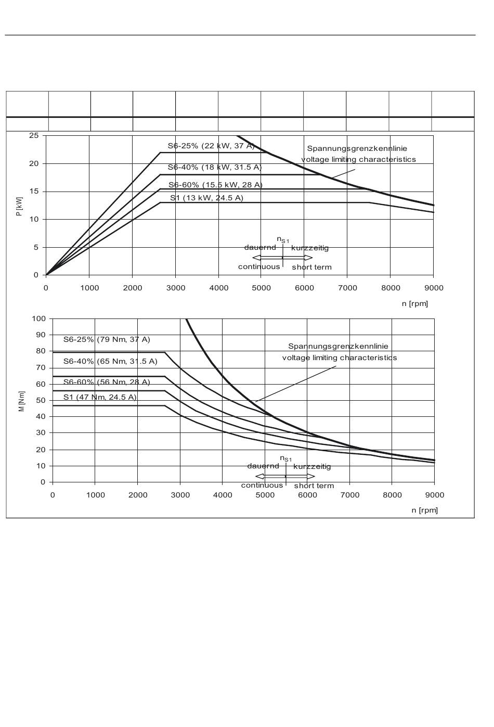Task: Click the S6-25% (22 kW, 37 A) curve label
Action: pos(211,146)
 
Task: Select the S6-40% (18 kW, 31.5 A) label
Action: pos(215,167)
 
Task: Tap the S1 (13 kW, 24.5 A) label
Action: pos(206,198)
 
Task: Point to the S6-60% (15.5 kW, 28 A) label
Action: pos(215,185)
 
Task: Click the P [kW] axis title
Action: pos(19,207)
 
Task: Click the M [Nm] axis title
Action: pos(22,401)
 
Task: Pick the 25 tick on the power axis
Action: pos(34,136)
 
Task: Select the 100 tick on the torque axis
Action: pos(38,318)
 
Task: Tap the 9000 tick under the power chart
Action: pos(434,288)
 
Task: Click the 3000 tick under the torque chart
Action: pos(180,495)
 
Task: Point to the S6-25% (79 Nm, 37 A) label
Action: pos(107,339)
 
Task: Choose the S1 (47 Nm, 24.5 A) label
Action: pos(100,397)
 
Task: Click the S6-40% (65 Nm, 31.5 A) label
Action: pos(110,361)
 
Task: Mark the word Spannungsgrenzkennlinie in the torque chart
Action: pos(339,346)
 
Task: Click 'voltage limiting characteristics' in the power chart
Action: pos(358,159)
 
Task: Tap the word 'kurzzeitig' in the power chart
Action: pos(310,248)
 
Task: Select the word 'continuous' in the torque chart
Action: pos(262,485)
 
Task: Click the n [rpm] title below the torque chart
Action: pos(425,510)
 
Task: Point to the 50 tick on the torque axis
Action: pos(41,401)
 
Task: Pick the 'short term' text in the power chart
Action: pos(311,267)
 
